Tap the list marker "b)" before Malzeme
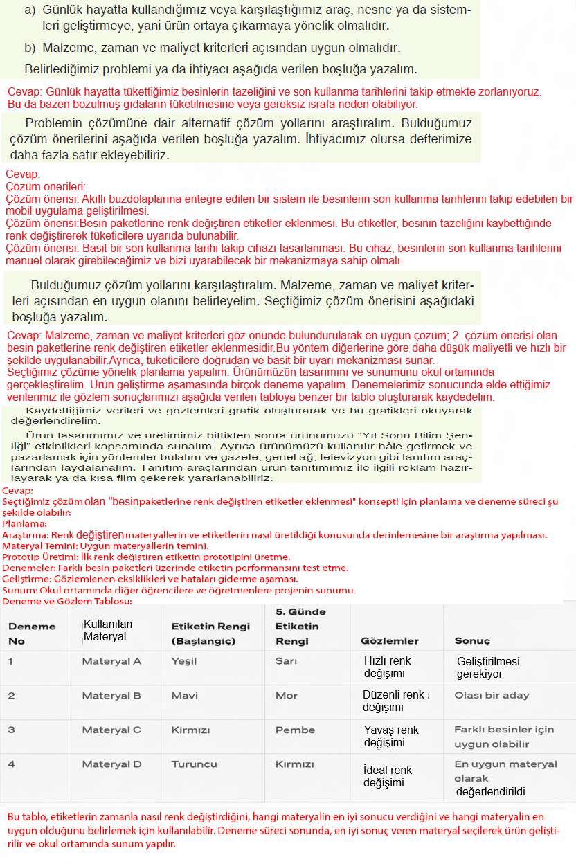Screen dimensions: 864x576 (x=29, y=48)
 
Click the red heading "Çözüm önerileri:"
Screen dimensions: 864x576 (x=46, y=186)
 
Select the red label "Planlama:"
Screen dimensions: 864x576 (x=24, y=524)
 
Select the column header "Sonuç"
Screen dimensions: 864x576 (x=471, y=640)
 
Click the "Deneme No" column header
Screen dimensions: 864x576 (x=32, y=633)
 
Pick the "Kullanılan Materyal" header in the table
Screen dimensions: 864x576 (x=107, y=630)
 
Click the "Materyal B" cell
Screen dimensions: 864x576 (x=111, y=695)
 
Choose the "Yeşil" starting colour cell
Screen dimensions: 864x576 (x=184, y=660)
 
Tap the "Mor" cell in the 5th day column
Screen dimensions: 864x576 (x=286, y=695)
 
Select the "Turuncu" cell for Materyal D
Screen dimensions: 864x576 (x=194, y=764)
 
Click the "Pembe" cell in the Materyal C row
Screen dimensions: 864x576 (x=295, y=730)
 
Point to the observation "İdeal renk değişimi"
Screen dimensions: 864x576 (x=388, y=776)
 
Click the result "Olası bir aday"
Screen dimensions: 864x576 (x=492, y=695)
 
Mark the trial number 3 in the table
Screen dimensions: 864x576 (x=11, y=730)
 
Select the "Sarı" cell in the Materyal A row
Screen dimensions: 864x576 (x=286, y=660)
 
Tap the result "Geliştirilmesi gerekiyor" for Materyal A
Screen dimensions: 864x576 (x=488, y=667)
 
